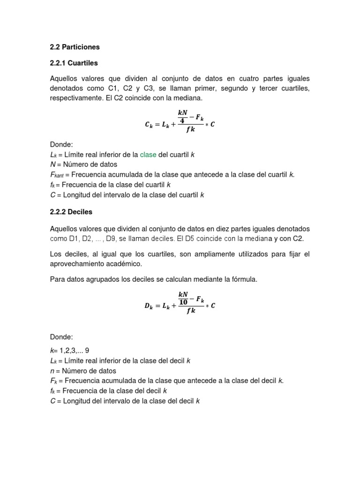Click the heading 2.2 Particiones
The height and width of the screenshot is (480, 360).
click(x=75, y=47)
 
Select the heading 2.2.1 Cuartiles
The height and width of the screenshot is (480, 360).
click(x=74, y=62)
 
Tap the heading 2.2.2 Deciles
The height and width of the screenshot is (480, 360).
click(x=71, y=212)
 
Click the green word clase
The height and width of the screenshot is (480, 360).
click(x=148, y=155)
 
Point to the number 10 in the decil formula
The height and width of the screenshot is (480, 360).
click(x=183, y=302)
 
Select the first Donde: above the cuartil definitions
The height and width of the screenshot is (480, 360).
click(x=60, y=145)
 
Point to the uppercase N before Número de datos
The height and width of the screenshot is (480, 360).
click(x=52, y=165)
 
